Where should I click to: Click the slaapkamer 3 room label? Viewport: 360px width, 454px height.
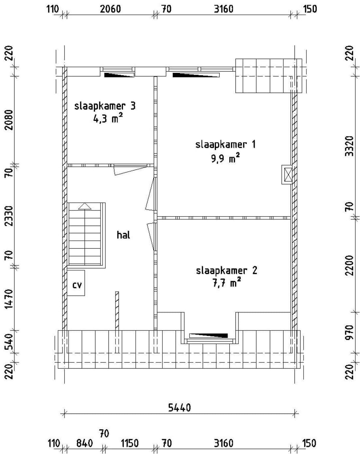click(x=105, y=106)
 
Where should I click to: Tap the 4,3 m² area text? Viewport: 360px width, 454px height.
click(x=108, y=118)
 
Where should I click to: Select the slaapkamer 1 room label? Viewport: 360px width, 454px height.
click(x=225, y=145)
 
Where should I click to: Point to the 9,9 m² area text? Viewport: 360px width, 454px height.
click(x=225, y=158)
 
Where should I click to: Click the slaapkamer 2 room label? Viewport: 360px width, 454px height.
click(x=226, y=270)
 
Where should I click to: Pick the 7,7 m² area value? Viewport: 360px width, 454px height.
click(x=226, y=283)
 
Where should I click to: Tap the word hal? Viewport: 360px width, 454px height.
click(x=123, y=235)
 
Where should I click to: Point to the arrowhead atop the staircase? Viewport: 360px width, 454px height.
click(x=85, y=206)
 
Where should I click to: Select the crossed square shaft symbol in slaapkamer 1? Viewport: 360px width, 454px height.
click(x=287, y=174)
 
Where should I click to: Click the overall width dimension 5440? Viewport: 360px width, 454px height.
click(x=179, y=408)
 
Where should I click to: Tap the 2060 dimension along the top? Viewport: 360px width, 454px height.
click(x=110, y=9)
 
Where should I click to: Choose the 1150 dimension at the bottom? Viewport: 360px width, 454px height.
click(x=129, y=443)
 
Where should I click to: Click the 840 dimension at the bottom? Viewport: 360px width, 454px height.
click(x=85, y=443)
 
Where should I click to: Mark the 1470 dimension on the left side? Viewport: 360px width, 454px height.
click(x=9, y=298)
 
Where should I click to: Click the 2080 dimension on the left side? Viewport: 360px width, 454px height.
click(x=9, y=120)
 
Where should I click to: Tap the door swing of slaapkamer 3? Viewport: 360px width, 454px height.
click(x=130, y=170)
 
